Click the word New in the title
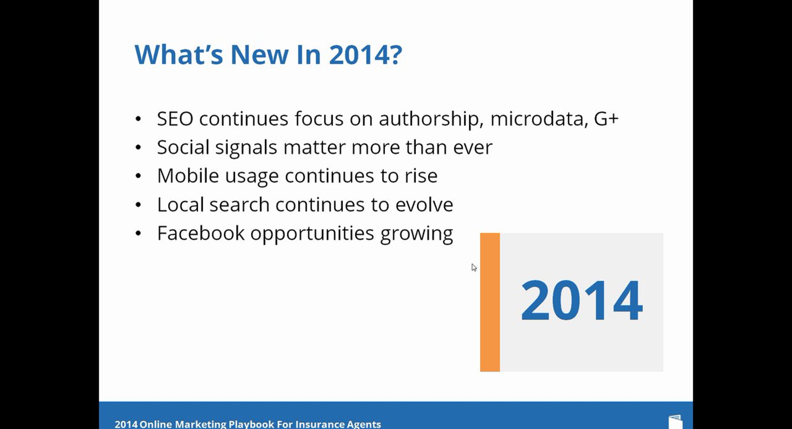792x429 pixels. [x=259, y=54]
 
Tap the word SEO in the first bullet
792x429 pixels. [x=175, y=119]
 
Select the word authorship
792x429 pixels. [x=431, y=119]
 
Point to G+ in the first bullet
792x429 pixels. [x=606, y=119]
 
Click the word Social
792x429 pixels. [x=183, y=147]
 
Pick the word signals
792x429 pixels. [x=246, y=148]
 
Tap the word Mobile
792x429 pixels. [x=188, y=176]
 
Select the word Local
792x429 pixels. [x=180, y=205]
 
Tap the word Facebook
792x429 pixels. [x=201, y=233]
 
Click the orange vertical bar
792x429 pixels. [x=490, y=302]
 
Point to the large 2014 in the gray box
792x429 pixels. [x=581, y=300]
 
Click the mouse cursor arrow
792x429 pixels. [x=474, y=268]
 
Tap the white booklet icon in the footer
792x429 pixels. [x=676, y=422]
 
